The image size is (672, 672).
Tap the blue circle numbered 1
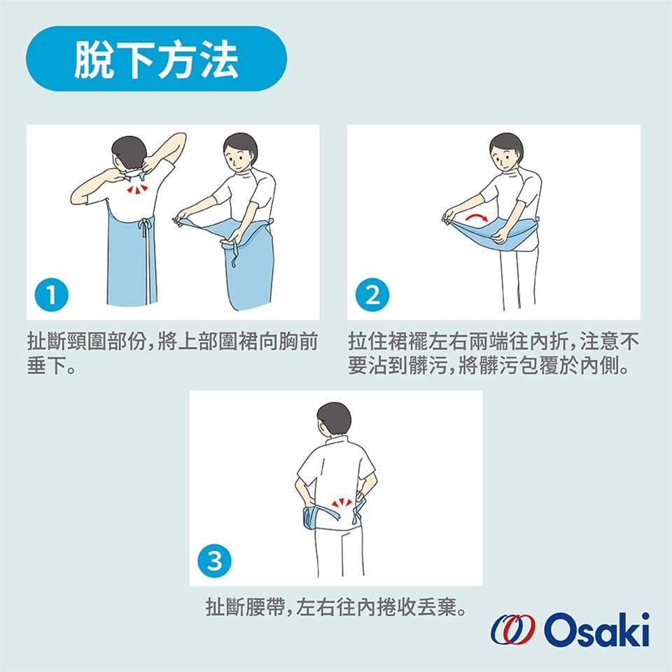51,295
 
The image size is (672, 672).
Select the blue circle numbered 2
372,295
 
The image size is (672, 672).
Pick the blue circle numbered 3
214,561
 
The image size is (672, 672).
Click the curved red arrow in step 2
477,217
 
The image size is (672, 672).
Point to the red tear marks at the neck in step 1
137,188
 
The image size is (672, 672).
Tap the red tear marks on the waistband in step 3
342,503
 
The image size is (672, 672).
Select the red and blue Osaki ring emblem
513,629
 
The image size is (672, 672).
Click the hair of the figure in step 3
334,416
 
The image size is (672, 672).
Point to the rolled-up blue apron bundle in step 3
310,517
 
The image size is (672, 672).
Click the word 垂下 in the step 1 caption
47,365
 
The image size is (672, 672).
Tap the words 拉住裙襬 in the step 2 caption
388,342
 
